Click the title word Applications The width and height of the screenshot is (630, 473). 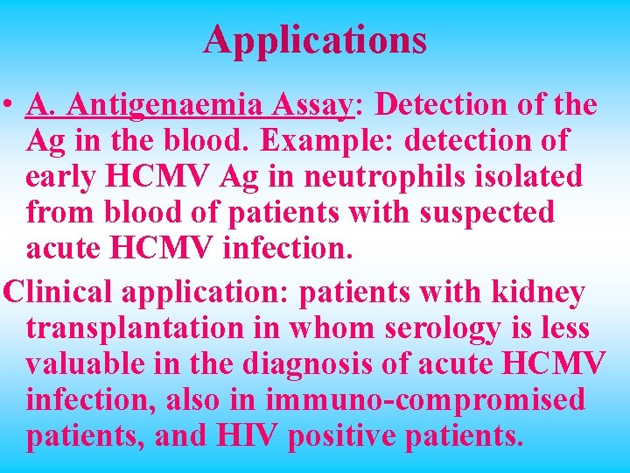[x=315, y=39]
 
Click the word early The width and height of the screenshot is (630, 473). [x=65, y=177]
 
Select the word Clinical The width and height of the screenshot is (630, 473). [x=55, y=293]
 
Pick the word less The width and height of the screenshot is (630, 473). [x=563, y=329]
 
